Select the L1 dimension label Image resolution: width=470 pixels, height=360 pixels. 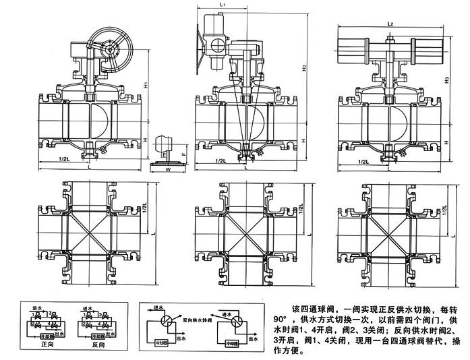(x=223, y=5)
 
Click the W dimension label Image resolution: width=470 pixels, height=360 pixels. (x=167, y=170)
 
